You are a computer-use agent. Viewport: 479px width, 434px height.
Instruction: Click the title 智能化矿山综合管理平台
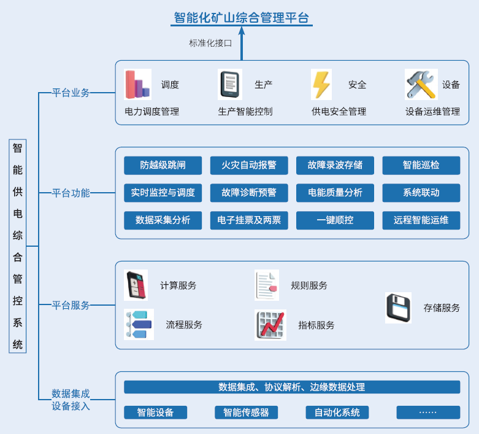[x=241, y=17]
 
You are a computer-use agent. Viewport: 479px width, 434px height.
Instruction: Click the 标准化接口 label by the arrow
[x=210, y=43]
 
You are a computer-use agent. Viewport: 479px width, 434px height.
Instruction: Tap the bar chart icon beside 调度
[x=137, y=85]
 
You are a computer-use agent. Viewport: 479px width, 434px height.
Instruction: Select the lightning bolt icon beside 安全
[x=321, y=85]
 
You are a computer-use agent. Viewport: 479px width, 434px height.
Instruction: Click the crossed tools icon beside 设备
[x=421, y=85]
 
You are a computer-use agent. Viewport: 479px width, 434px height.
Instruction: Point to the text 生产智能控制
[x=245, y=112]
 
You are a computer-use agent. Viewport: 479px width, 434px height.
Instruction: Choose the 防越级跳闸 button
[x=163, y=165]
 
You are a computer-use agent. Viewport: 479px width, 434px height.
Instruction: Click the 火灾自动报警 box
[x=249, y=165]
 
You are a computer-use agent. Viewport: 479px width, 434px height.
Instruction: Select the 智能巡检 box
[x=421, y=165]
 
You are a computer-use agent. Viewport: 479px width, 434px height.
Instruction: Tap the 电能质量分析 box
[x=335, y=193]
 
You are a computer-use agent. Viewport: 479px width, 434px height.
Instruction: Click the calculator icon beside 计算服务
[x=136, y=285]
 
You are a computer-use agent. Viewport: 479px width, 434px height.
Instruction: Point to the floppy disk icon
[x=398, y=308]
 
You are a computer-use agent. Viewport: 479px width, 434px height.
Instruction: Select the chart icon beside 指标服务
[x=270, y=325]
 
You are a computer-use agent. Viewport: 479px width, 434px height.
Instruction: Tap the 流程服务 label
[x=184, y=325]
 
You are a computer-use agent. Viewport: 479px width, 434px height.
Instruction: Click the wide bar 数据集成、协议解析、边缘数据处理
[x=292, y=387]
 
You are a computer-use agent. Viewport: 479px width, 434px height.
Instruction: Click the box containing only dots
[x=428, y=413]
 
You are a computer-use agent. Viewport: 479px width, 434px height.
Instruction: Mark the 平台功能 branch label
[x=71, y=193]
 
